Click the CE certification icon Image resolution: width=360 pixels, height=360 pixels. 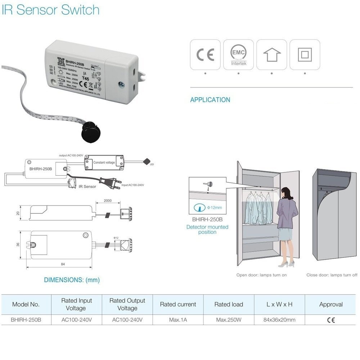click(205, 55)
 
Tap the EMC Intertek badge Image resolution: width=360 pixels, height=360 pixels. click(238, 55)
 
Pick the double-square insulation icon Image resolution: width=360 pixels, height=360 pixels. click(305, 55)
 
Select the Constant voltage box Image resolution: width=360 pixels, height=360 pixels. click(104, 162)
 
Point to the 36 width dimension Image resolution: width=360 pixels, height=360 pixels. click(18, 244)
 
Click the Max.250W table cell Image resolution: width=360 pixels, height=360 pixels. click(229, 320)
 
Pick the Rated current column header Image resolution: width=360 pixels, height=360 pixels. click(178, 304)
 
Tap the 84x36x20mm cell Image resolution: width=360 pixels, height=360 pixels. click(280, 320)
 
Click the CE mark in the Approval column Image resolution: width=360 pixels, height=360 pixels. click(331, 320)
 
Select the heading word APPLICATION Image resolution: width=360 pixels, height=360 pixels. click(210, 100)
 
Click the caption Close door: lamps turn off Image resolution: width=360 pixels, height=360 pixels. click(332, 275)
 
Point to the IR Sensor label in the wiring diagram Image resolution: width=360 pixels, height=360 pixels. click(87, 186)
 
